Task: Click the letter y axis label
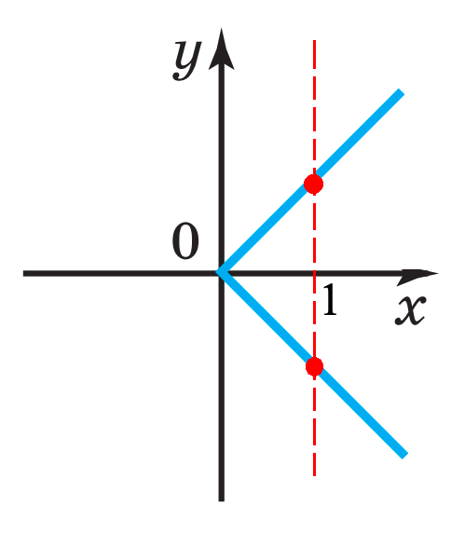click(x=186, y=61)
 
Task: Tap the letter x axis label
click(x=410, y=310)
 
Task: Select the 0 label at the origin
click(x=185, y=240)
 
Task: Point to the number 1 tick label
click(x=330, y=300)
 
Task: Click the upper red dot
click(x=313, y=184)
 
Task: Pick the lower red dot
click(x=314, y=366)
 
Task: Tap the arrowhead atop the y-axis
click(x=221, y=49)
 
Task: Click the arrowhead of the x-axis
click(x=417, y=274)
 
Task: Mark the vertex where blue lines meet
click(x=218, y=272)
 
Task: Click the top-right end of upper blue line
click(x=402, y=91)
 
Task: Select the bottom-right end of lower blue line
click(x=404, y=456)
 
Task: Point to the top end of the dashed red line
click(x=314, y=40)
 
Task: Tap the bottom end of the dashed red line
click(x=314, y=475)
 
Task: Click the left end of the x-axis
click(x=24, y=273)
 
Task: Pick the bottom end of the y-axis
click(x=221, y=500)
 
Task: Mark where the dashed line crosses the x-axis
click(x=314, y=273)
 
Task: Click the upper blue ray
click(x=310, y=182)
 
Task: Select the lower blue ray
click(x=311, y=364)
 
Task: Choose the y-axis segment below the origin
click(x=221, y=389)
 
